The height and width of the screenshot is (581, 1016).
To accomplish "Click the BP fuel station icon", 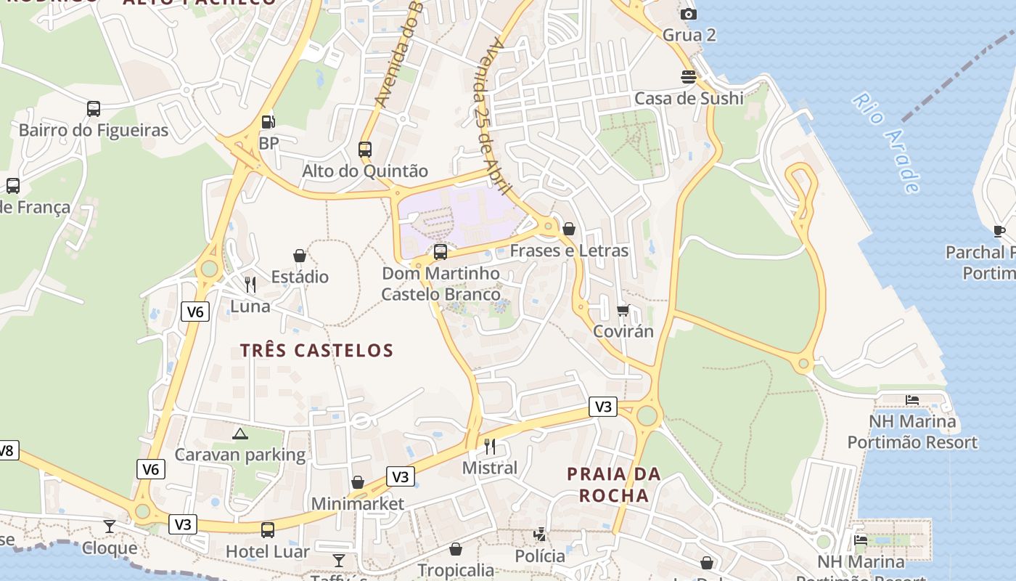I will click(268, 122).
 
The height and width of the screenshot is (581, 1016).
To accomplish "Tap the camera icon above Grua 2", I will click(688, 14).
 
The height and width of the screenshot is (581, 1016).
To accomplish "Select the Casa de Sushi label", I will click(689, 98).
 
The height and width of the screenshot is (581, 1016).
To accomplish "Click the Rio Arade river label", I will click(886, 143).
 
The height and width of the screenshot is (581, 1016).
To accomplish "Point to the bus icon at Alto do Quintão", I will click(365, 150).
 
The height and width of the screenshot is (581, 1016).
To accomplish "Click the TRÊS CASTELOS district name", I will click(316, 350).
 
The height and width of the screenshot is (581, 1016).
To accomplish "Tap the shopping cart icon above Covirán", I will click(623, 310).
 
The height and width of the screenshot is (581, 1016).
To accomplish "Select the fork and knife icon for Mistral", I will click(490, 445).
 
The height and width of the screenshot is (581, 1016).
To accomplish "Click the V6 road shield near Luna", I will click(194, 312).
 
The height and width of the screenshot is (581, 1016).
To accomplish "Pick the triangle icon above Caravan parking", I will click(239, 434).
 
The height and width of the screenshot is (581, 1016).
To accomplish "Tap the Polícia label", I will click(539, 556).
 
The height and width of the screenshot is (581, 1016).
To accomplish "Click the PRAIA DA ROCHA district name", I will click(613, 484).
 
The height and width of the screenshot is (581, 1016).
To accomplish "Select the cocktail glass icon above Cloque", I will click(110, 526).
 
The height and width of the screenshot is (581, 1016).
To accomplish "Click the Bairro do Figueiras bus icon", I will click(94, 109).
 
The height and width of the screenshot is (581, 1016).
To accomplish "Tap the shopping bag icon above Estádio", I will click(300, 256).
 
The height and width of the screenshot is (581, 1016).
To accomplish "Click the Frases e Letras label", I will click(569, 251).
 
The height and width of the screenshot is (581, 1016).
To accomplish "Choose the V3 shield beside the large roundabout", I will click(603, 407).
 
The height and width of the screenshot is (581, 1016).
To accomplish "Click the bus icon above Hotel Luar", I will click(268, 530).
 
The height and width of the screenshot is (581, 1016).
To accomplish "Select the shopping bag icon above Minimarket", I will click(358, 482).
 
